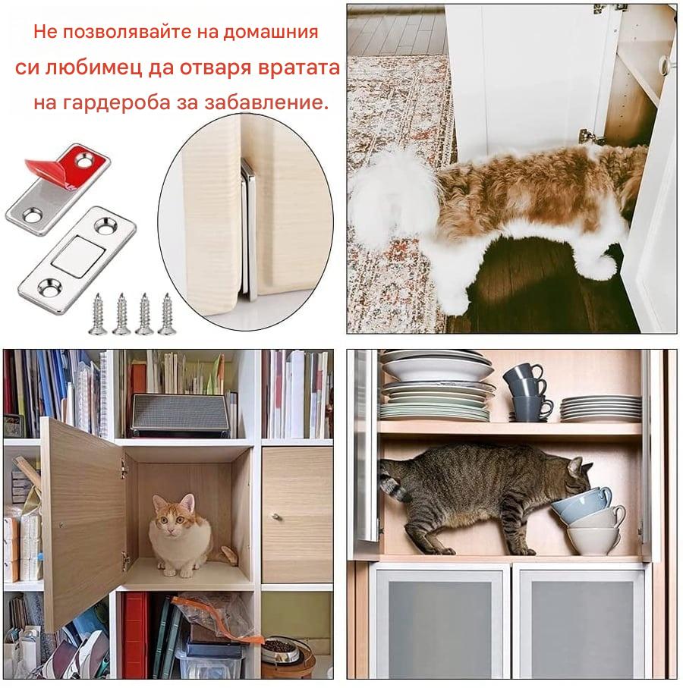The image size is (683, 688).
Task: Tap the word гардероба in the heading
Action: (117, 102)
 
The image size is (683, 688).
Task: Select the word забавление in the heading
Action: (266, 102)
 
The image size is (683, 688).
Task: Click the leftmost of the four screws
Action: (97, 314)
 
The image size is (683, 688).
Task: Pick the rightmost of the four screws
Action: (167, 314)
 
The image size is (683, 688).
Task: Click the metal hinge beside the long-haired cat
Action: (591, 137)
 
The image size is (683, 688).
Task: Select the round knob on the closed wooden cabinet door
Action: (275, 517)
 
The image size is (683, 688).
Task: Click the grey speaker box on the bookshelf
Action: (180, 415)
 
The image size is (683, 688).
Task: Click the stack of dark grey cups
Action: (527, 392)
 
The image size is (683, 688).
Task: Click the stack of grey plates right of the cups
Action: (600, 408)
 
